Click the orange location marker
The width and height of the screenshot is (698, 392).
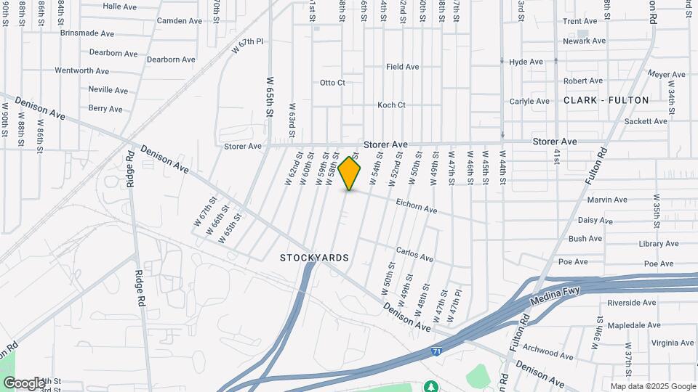(x=350, y=173)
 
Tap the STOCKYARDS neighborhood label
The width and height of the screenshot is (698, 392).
(x=315, y=258)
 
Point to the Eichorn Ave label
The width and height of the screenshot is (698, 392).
(x=417, y=205)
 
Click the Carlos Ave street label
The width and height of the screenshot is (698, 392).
(x=414, y=255)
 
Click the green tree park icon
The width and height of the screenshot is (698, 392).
(x=431, y=385)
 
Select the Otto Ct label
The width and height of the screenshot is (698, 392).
(x=332, y=83)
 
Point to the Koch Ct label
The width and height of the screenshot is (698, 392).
(x=391, y=105)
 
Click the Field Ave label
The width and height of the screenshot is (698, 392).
(x=403, y=67)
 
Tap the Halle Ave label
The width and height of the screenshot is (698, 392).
(x=120, y=6)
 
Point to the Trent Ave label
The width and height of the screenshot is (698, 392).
(x=579, y=22)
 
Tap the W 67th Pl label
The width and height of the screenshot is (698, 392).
(x=247, y=46)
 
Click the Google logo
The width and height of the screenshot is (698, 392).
(x=24, y=383)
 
